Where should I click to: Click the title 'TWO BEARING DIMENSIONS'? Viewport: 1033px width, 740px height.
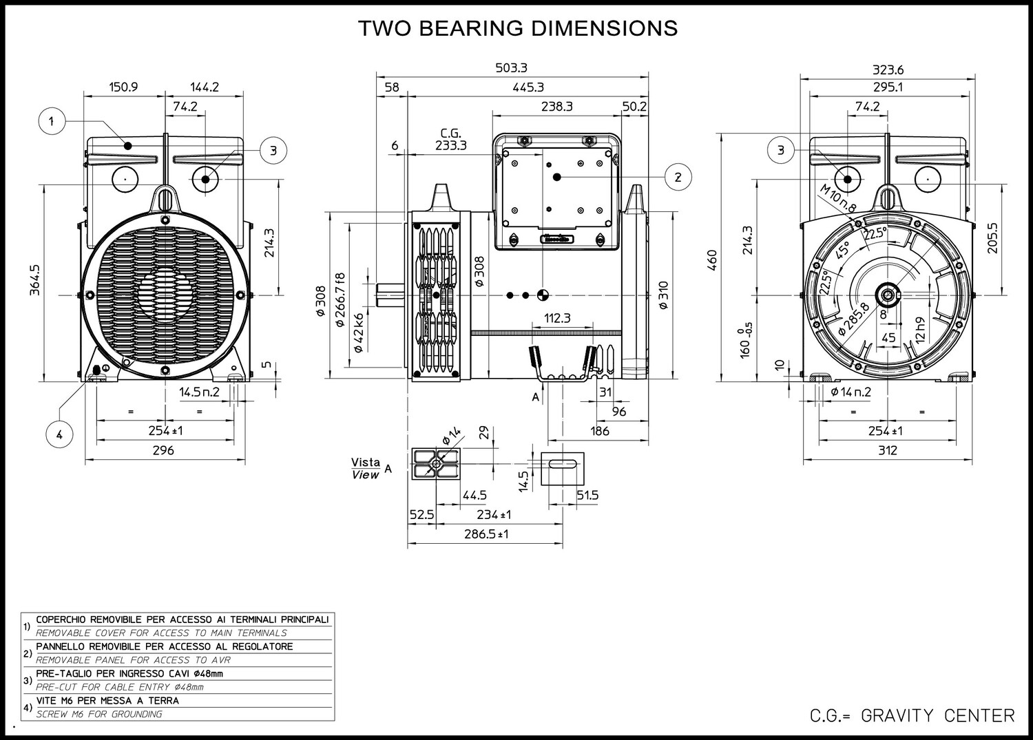tap(518, 28)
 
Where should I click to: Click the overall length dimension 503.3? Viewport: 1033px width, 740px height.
tap(512, 67)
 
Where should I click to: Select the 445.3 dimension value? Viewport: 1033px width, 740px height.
tap(528, 87)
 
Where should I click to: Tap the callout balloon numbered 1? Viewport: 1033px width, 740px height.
tap(52, 121)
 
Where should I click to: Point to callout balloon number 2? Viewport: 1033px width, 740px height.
tap(678, 177)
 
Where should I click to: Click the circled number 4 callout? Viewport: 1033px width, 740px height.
tap(59, 434)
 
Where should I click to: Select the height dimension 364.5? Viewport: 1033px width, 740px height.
tap(35, 280)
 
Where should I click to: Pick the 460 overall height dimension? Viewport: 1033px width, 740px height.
tap(713, 260)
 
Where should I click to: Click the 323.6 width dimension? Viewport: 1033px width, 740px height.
tap(888, 70)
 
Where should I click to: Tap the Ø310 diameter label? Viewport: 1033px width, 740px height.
tap(663, 295)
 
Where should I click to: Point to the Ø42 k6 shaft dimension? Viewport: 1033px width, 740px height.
tap(358, 333)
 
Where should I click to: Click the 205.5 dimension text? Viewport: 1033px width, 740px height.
tap(992, 238)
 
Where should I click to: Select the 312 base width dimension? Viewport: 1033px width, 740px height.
tap(888, 450)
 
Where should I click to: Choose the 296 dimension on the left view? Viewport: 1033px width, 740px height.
tap(164, 450)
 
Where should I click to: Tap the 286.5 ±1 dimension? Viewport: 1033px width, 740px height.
tap(486, 534)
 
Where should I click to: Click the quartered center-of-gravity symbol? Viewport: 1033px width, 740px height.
tap(543, 295)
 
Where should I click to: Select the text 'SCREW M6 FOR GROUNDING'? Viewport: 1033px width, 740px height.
tap(99, 714)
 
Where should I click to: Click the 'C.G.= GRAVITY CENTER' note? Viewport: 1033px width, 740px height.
tap(912, 716)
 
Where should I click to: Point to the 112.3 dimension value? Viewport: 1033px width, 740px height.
tap(558, 318)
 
